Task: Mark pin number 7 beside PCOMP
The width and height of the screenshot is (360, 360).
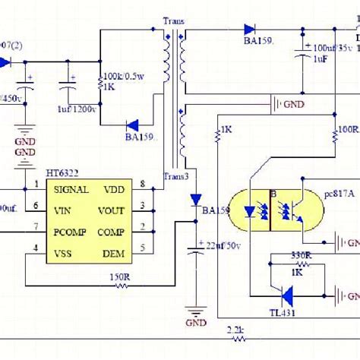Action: point(34,226)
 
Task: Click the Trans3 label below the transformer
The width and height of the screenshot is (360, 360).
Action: point(178,177)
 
